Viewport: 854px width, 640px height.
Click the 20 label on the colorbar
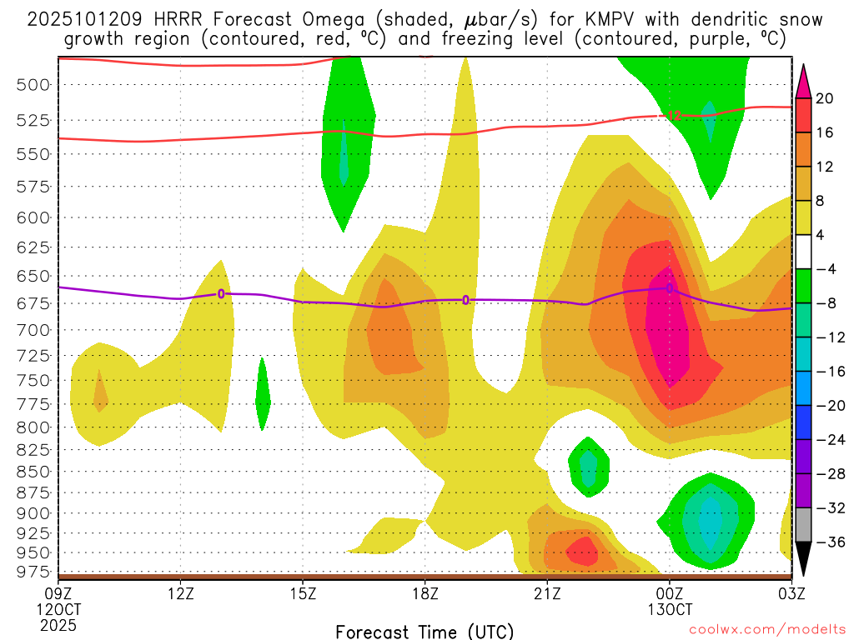(x=825, y=98)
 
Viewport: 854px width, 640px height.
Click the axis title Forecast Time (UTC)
(x=424, y=631)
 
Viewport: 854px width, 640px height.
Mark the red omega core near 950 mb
(x=580, y=549)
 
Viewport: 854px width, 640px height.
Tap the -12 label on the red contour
(x=675, y=115)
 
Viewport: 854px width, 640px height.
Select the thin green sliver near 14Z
(x=263, y=394)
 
